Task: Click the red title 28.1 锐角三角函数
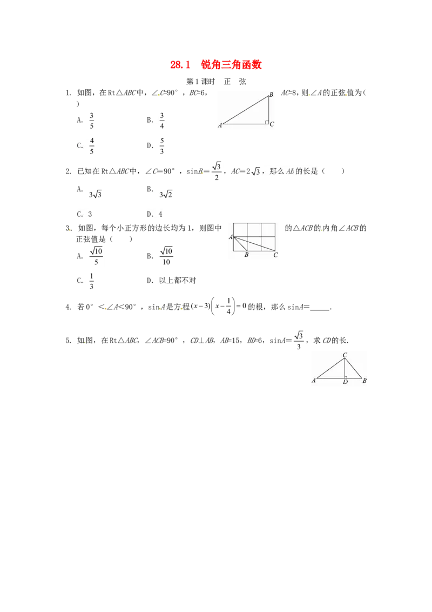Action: (215, 64)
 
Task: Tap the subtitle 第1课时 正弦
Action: (216, 82)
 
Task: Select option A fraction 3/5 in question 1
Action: (92, 121)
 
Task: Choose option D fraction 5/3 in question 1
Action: (162, 146)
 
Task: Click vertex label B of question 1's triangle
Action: (272, 95)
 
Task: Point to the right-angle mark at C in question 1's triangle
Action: (267, 123)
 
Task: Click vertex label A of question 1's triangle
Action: (220, 125)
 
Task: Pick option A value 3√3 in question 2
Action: (95, 195)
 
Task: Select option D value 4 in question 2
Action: (160, 214)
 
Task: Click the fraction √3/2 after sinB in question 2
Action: (217, 171)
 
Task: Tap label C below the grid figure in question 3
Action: (275, 255)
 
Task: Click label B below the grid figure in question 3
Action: (246, 255)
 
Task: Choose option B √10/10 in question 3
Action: (166, 256)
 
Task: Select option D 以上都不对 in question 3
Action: (178, 281)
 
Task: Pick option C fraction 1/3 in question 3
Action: (91, 281)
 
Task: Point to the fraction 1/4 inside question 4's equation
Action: (228, 307)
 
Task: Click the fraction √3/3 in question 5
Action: (299, 341)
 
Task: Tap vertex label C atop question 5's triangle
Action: (345, 355)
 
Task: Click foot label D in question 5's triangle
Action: (345, 382)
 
